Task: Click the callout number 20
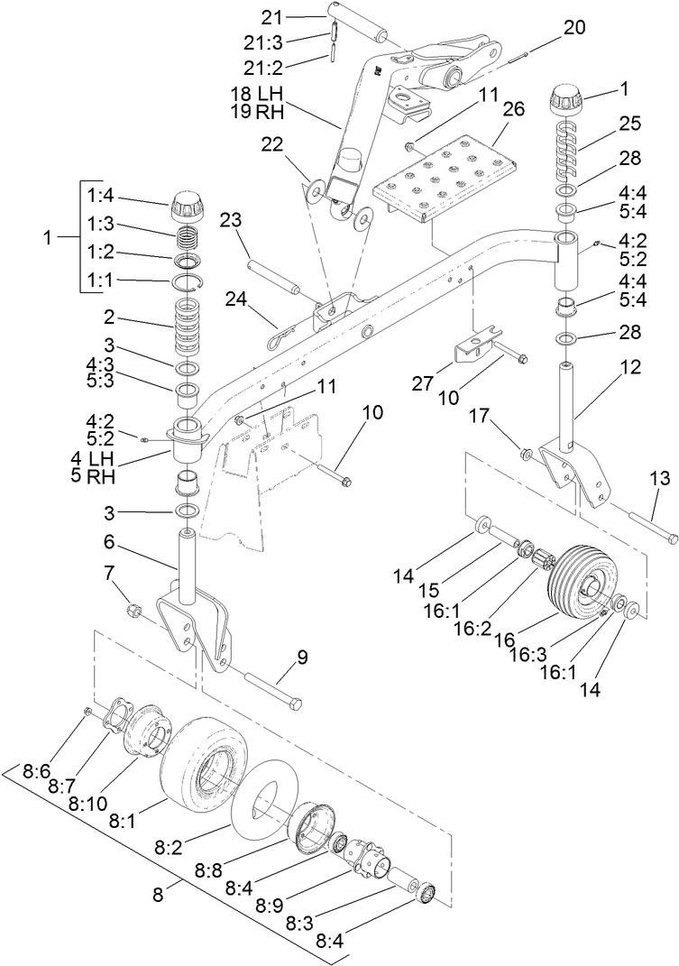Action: pyautogui.click(x=574, y=28)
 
